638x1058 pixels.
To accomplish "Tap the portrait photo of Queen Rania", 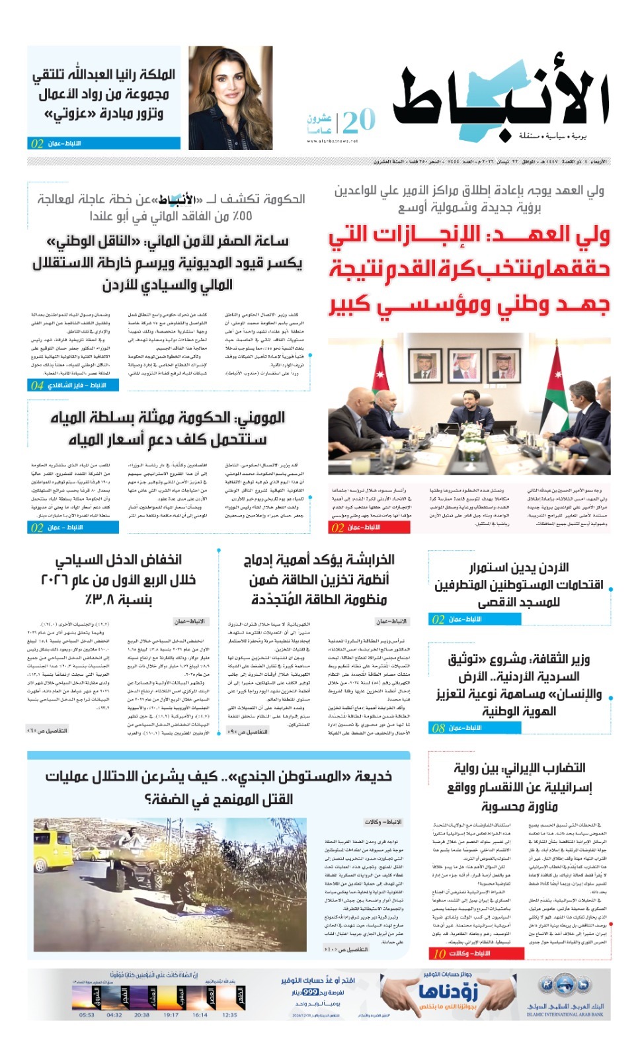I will pos(230,98).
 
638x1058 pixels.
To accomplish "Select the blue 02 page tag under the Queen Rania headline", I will pos(37,143).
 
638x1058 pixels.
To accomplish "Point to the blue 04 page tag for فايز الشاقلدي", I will pos(37,385).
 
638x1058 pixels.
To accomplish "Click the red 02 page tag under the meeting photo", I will pos(338,528).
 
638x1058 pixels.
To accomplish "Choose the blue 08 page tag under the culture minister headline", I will pos(438,728).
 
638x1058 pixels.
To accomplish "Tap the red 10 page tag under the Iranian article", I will pos(440,954).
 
